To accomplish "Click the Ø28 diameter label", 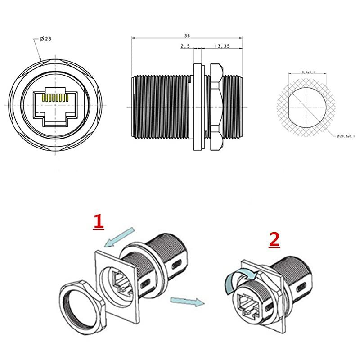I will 45,39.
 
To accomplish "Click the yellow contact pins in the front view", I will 55,96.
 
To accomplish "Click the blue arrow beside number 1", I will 119,238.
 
